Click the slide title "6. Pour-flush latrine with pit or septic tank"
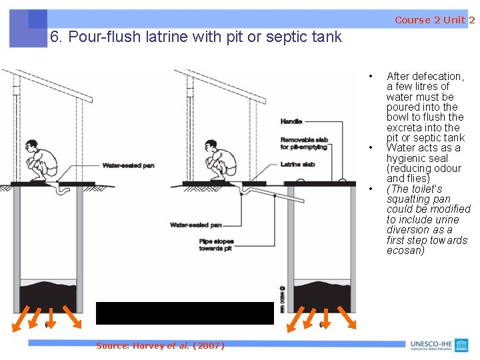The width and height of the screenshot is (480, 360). pyautogui.click(x=195, y=37)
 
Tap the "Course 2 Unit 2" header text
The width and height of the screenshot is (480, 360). pyautogui.click(x=434, y=20)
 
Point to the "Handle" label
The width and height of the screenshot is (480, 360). pyautogui.click(x=291, y=122)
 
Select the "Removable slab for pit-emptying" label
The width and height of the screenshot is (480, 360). pyautogui.click(x=304, y=143)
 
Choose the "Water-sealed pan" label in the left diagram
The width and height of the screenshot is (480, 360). pyautogui.click(x=128, y=165)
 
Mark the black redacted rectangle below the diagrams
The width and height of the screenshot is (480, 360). pyautogui.click(x=185, y=313)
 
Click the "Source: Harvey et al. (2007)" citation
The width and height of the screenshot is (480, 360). pyautogui.click(x=160, y=345)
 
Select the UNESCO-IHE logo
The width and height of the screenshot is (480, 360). pyautogui.click(x=440, y=345)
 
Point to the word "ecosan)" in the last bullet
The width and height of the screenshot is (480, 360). pyautogui.click(x=405, y=251)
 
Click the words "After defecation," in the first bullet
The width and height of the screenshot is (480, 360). pyautogui.click(x=425, y=76)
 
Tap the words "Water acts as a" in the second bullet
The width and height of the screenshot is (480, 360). pyautogui.click(x=423, y=148)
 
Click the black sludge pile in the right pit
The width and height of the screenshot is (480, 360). pyautogui.click(x=323, y=294)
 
